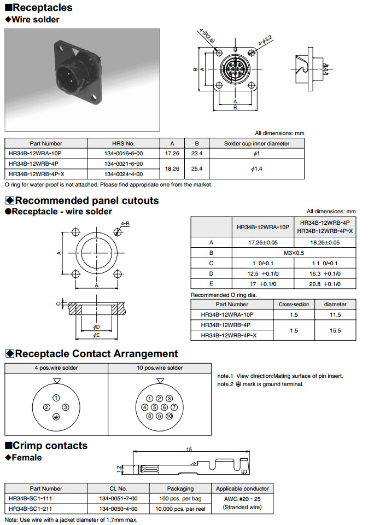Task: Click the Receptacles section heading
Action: (39, 8)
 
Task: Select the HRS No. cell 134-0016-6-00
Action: (123, 153)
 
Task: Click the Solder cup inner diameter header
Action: (256, 143)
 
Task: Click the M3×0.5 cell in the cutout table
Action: (295, 253)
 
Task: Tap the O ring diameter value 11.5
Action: (335, 314)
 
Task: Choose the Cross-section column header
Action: (294, 304)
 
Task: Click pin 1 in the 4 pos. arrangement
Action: (56, 398)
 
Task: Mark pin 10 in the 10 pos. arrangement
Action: (169, 416)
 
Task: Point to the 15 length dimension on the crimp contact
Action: (189, 450)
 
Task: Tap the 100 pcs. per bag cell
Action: (180, 499)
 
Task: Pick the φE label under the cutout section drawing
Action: (96, 334)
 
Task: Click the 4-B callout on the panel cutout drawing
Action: (125, 223)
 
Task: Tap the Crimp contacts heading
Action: (46, 445)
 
